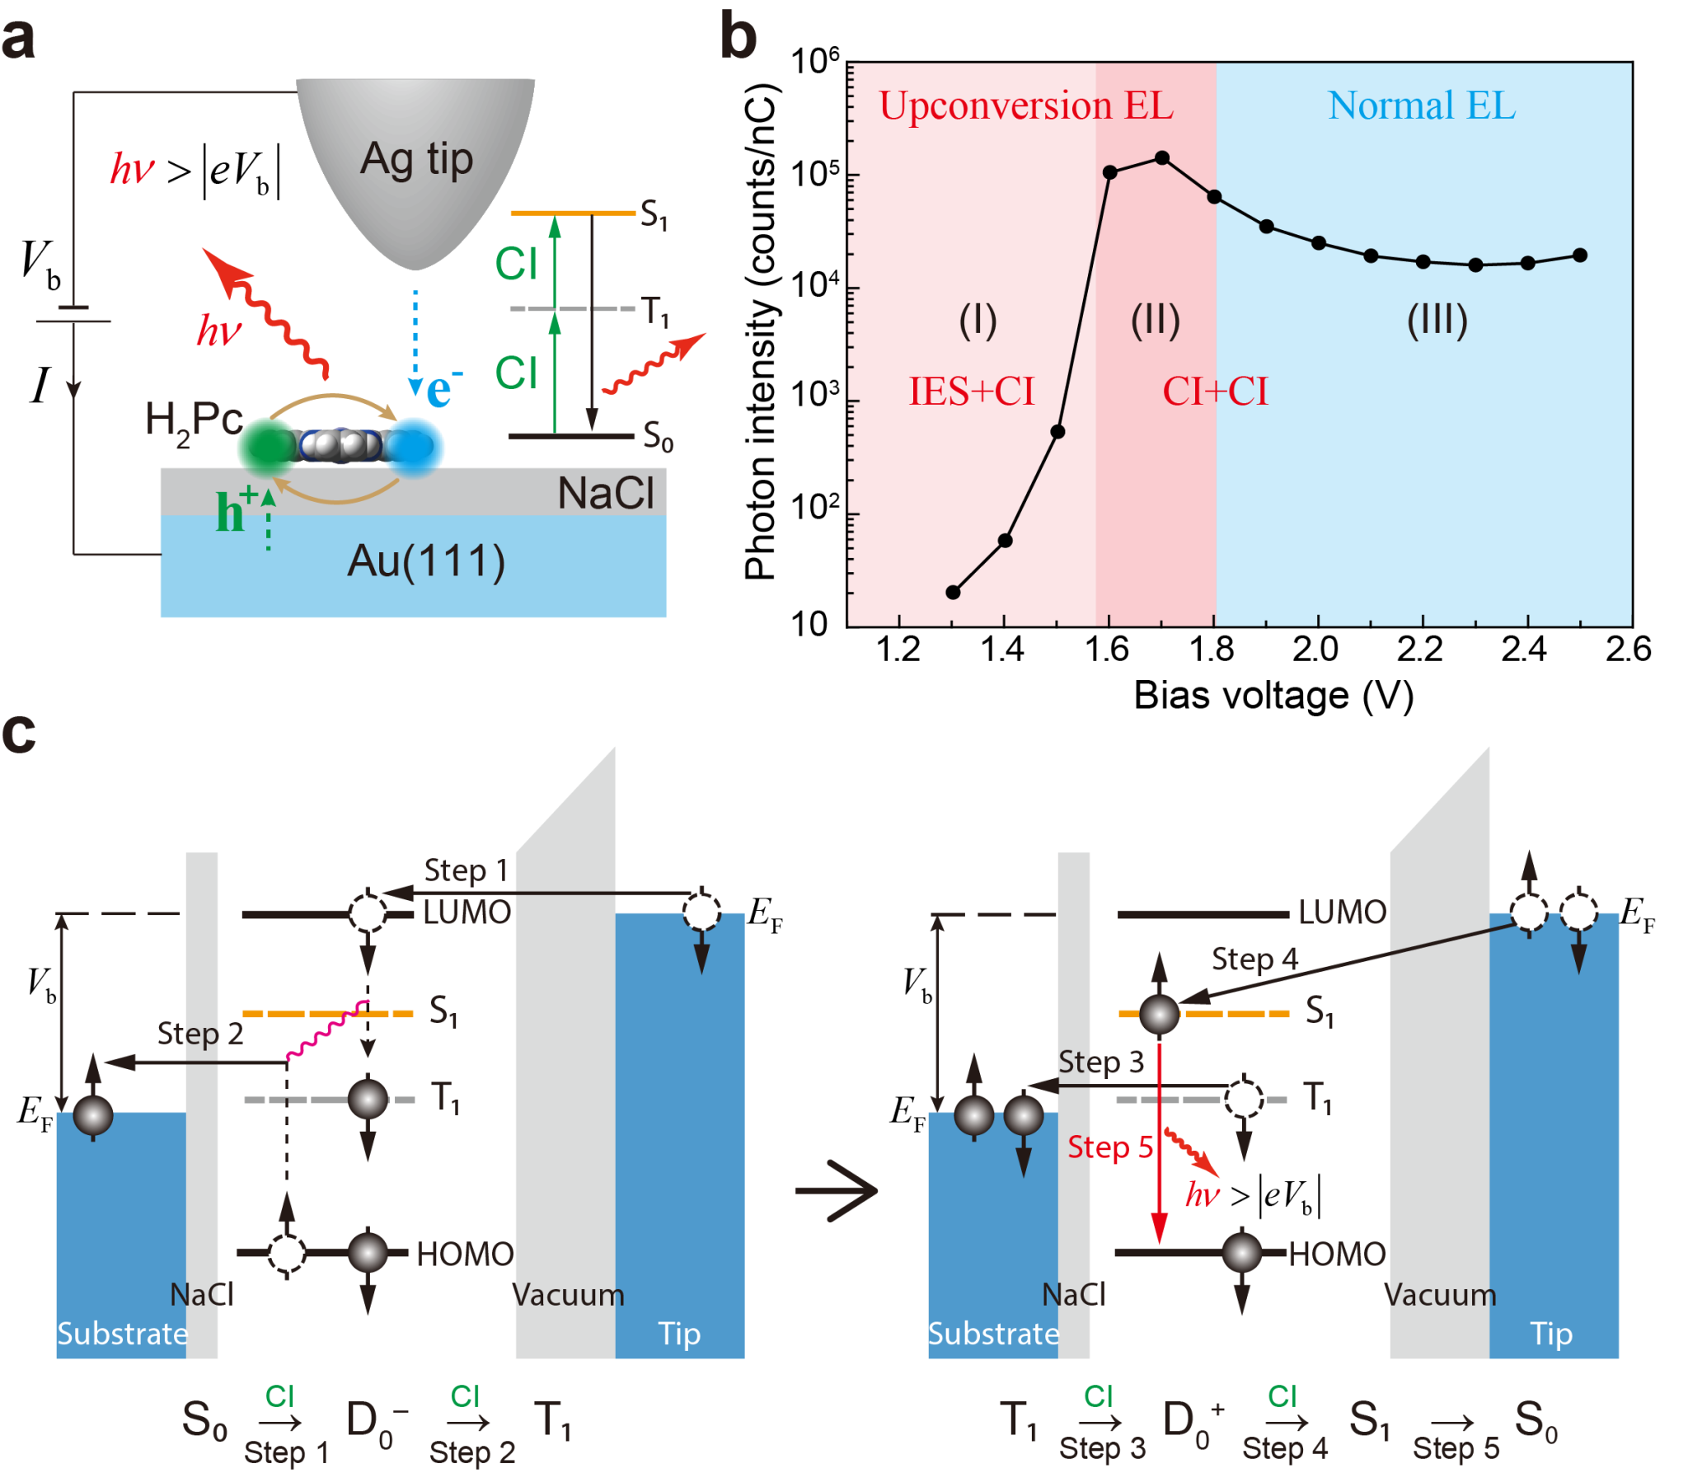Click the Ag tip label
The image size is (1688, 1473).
[x=416, y=159]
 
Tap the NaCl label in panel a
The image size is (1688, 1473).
[x=605, y=494]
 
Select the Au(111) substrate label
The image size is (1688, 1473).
[x=425, y=561]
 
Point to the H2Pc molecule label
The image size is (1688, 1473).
[x=193, y=421]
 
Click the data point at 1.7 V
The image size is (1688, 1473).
[x=1161, y=157]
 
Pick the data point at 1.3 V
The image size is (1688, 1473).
[x=953, y=592]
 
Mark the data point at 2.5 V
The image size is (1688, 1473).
[x=1579, y=256]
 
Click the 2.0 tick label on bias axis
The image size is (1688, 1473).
[x=1315, y=650]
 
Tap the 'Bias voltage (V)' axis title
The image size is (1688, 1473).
[x=1273, y=696]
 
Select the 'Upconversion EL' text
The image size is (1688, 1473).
[x=1025, y=106]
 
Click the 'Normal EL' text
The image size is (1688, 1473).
[x=1421, y=106]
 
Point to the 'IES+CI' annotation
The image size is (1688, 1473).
[x=971, y=392]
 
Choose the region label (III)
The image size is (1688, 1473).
[x=1437, y=320]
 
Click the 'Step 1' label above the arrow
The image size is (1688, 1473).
[x=466, y=870]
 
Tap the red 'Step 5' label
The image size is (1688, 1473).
[x=1109, y=1147]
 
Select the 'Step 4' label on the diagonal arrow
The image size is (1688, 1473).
[x=1254, y=959]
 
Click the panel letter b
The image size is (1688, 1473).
[x=738, y=37]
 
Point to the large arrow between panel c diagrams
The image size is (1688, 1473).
[x=837, y=1190]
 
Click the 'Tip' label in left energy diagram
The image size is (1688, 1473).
[x=679, y=1333]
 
